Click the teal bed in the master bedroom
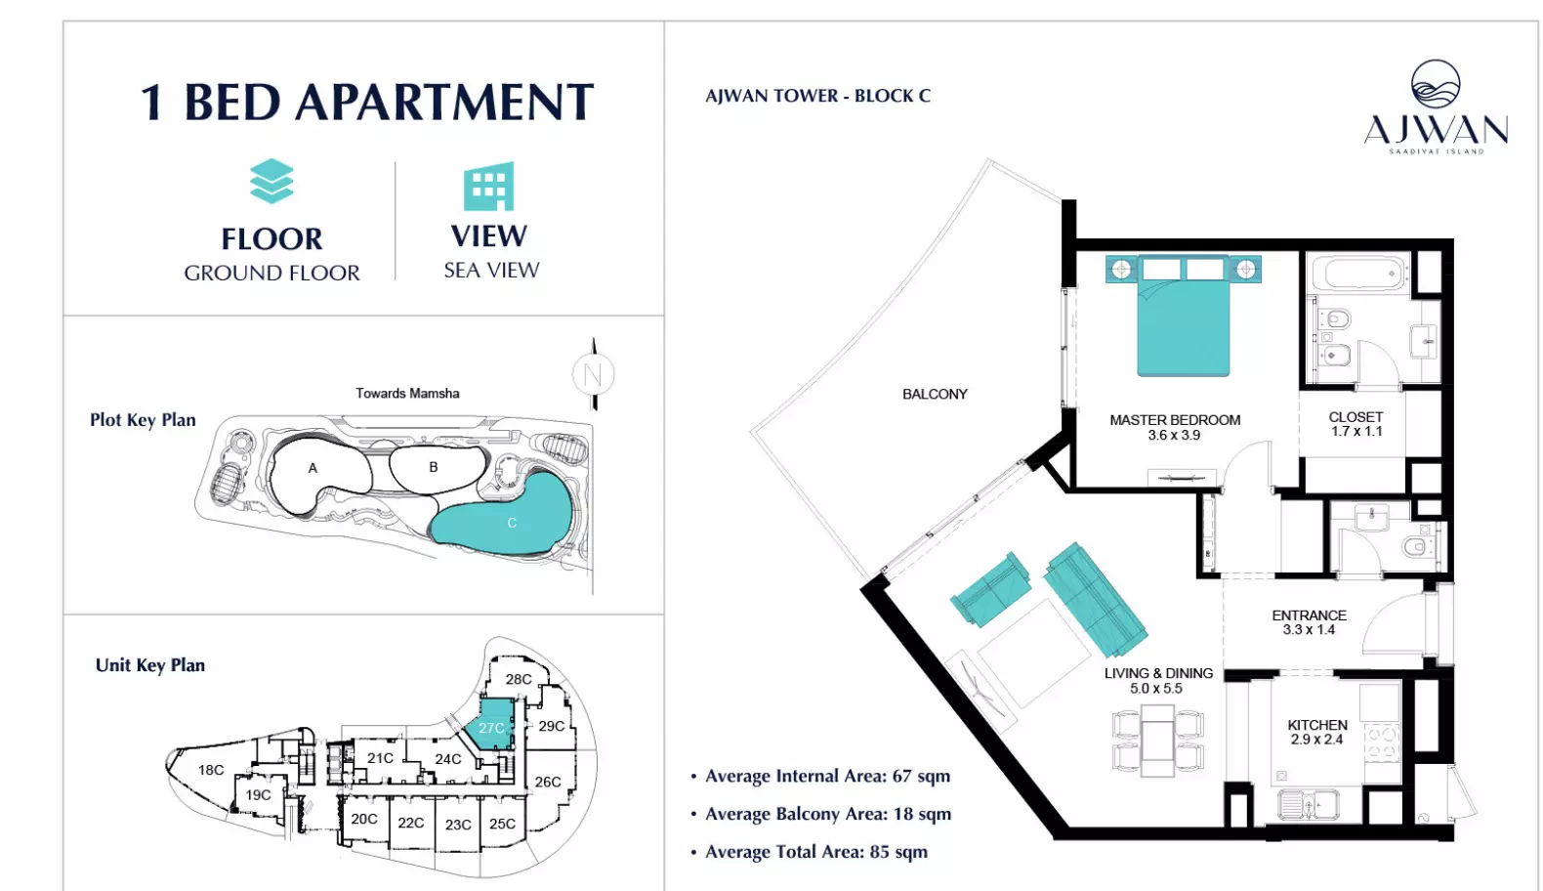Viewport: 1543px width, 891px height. pyautogui.click(x=1183, y=316)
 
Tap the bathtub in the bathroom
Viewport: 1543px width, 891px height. pyautogui.click(x=1358, y=274)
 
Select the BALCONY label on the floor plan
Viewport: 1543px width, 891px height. pyautogui.click(x=935, y=394)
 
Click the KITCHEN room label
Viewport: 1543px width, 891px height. pyautogui.click(x=1317, y=725)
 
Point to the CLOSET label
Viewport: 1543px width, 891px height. pyautogui.click(x=1355, y=417)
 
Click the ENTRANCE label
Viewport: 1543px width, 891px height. pyautogui.click(x=1309, y=615)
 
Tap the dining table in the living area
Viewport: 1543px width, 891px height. pyautogui.click(x=1157, y=741)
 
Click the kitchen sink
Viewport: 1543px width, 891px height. pyautogui.click(x=1308, y=804)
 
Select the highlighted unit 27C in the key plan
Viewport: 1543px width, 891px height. pyautogui.click(x=490, y=725)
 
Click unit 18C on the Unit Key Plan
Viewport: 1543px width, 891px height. pyautogui.click(x=211, y=770)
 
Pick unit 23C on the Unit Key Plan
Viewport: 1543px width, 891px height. pyautogui.click(x=457, y=825)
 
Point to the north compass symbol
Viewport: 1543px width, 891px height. pyautogui.click(x=594, y=374)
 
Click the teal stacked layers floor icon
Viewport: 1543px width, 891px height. pyautogui.click(x=271, y=182)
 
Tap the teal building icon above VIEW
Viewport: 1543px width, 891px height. pyautogui.click(x=489, y=186)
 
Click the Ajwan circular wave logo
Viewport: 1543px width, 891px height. pyautogui.click(x=1436, y=84)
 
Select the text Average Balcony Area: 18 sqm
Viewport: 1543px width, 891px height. pyautogui.click(x=828, y=814)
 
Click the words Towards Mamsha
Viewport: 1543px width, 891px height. pyautogui.click(x=407, y=394)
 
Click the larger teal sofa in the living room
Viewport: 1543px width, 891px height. pyautogui.click(x=1096, y=600)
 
